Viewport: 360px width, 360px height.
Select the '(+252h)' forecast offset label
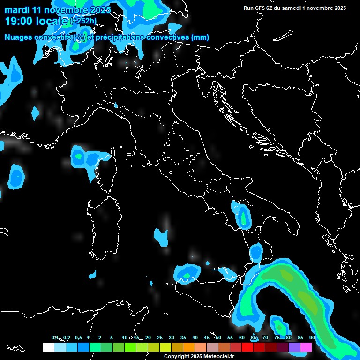tap(83, 21)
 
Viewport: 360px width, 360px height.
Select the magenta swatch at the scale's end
tap(306, 347)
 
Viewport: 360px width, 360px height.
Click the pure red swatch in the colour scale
tap(247, 347)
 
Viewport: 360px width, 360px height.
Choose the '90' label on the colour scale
tap(312, 338)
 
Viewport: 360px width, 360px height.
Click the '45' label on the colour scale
tap(207, 338)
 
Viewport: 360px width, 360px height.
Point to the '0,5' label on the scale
tap(78, 338)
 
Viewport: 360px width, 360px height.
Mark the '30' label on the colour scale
tap(172, 338)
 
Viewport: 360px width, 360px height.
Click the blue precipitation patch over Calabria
tap(256, 253)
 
